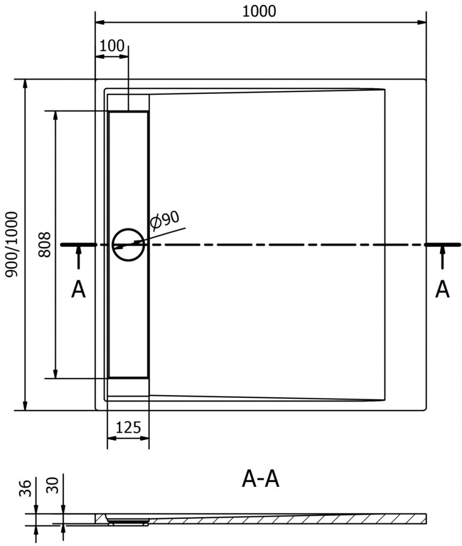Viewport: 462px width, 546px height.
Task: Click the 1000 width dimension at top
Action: point(260,11)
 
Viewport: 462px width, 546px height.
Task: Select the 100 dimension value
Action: point(111,45)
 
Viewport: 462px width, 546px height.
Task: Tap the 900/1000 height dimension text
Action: point(12,244)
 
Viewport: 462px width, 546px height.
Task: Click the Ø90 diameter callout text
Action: point(164,220)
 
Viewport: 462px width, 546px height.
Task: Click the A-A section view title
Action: point(260,480)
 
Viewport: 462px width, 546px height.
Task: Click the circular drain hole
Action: point(128,244)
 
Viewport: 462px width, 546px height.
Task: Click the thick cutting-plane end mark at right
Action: point(443,244)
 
